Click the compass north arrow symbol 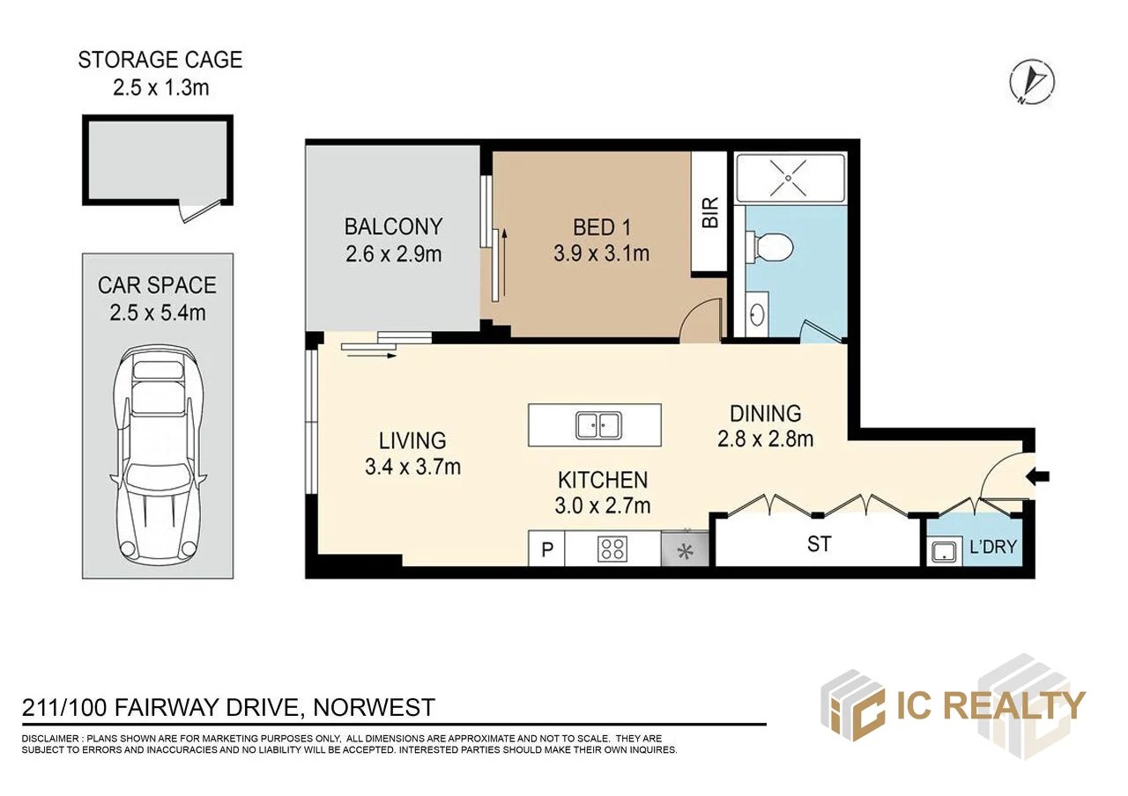(1032, 83)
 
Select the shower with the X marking (790, 175)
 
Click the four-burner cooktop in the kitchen (612, 549)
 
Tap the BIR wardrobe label (710, 213)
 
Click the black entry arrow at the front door (1040, 477)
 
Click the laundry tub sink (944, 552)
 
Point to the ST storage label (819, 544)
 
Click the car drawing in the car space (159, 454)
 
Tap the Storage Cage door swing (196, 211)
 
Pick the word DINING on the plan (765, 412)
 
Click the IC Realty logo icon (852, 705)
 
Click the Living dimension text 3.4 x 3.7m (412, 467)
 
